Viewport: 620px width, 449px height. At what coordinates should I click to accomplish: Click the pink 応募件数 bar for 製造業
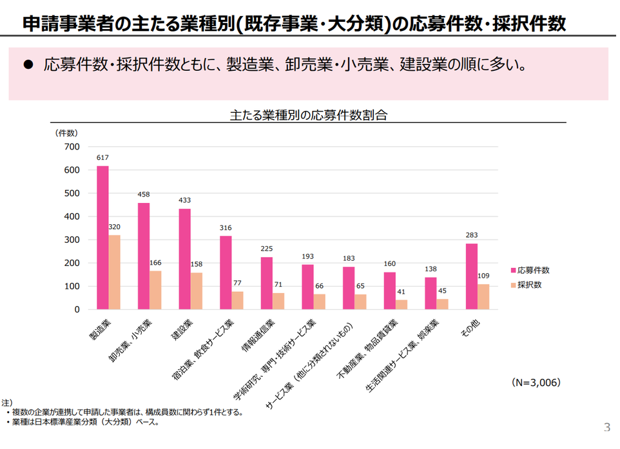102,238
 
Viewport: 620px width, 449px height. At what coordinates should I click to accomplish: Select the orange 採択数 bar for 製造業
114,272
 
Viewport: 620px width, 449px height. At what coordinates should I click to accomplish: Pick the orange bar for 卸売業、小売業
155,290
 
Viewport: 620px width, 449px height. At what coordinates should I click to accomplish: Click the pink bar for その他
471,276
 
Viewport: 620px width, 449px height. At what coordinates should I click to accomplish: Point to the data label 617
102,158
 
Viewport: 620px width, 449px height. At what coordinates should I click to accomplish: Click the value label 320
115,227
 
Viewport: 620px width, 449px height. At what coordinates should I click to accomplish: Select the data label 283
471,235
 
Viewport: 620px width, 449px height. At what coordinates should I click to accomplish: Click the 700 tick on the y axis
72,147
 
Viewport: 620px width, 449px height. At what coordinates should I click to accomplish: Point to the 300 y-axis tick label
72,240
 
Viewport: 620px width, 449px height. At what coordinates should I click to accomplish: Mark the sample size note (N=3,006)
536,382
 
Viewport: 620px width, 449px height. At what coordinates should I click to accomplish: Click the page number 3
606,427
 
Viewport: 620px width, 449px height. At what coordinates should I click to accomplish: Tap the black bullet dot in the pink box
28,64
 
